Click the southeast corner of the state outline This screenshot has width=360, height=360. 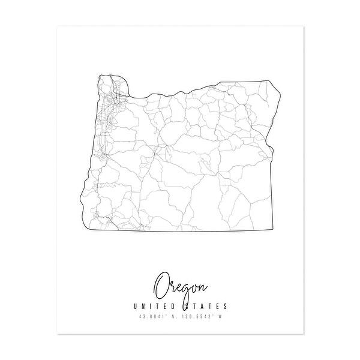(272, 231)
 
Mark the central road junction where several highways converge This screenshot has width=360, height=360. (159, 146)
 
